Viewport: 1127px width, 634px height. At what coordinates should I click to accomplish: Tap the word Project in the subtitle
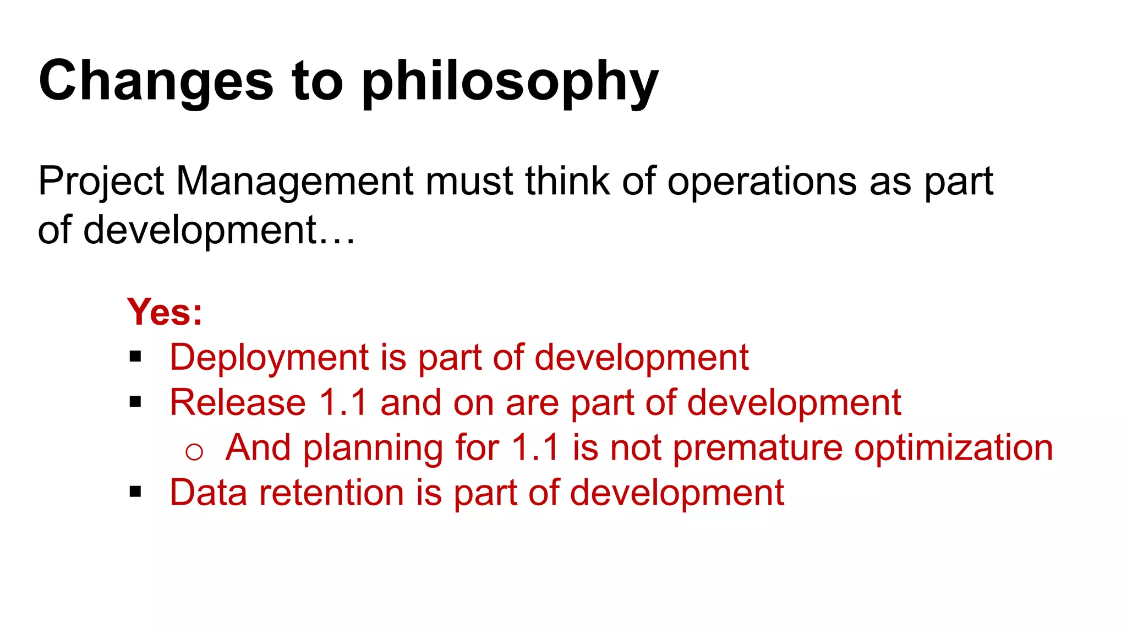coord(101,182)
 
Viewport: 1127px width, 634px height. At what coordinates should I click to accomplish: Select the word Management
coord(294,182)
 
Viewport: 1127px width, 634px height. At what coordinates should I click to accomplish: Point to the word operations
coord(762,182)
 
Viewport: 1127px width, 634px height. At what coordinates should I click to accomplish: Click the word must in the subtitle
coord(469,182)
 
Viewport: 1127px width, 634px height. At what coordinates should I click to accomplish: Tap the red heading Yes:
coord(165,312)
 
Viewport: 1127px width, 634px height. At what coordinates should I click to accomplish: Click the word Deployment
coord(269,358)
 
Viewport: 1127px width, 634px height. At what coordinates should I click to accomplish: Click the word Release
coord(237,402)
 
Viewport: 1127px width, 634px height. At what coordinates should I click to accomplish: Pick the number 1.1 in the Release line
coord(343,402)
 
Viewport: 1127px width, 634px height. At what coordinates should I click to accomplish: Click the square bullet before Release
coord(135,402)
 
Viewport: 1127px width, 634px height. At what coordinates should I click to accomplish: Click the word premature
coord(757,448)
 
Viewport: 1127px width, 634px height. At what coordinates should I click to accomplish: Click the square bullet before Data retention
coord(135,492)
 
